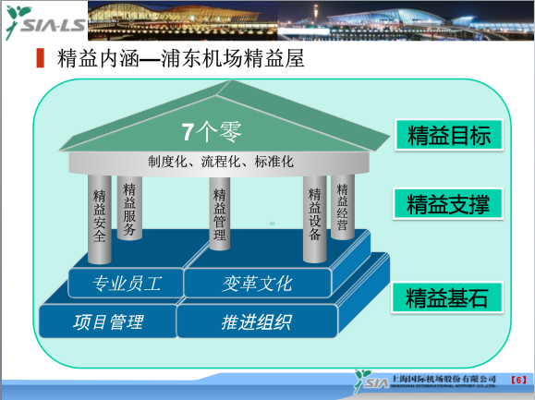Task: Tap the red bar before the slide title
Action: (x=40, y=59)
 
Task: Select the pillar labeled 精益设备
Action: (x=314, y=214)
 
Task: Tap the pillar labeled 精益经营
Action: (x=343, y=208)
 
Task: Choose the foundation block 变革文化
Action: (x=257, y=282)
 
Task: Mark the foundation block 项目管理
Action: (x=108, y=322)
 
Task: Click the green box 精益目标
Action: (x=447, y=135)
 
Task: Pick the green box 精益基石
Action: (x=447, y=297)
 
